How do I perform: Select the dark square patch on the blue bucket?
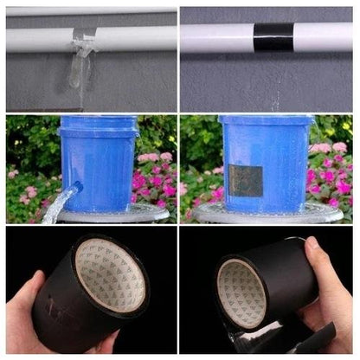[x=246, y=180]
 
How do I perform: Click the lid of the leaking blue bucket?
[x=98, y=122]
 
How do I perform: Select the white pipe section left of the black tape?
[x=216, y=36]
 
